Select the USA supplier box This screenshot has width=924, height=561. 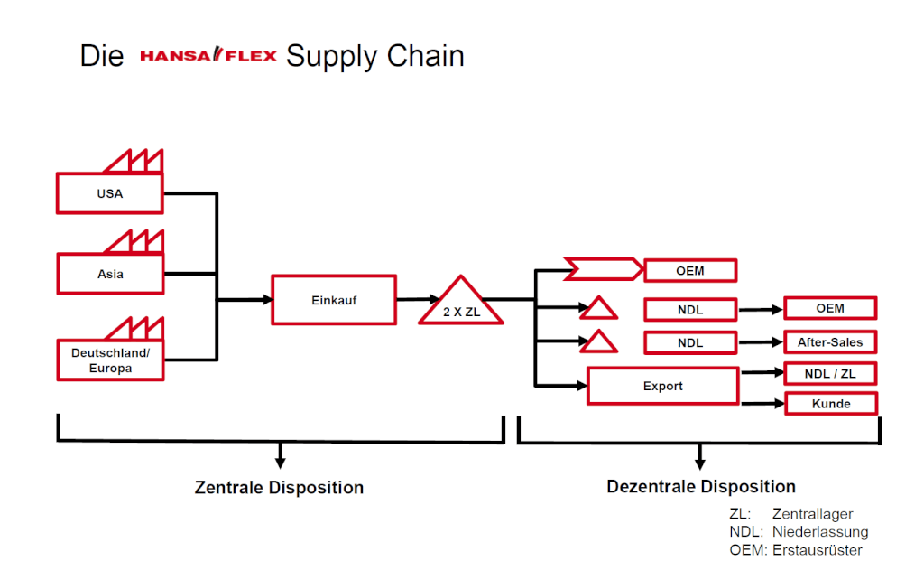(x=109, y=193)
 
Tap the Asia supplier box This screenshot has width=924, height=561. (x=109, y=274)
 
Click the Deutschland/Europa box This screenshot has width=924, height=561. (x=109, y=360)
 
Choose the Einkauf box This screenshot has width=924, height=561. (x=333, y=300)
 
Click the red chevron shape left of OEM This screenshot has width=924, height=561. (x=604, y=269)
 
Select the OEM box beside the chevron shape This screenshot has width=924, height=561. (x=690, y=270)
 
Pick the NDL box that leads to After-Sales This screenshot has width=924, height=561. (x=690, y=343)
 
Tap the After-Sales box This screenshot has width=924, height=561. (x=829, y=342)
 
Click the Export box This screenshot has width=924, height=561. (x=662, y=386)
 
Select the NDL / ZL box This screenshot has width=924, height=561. (x=829, y=373)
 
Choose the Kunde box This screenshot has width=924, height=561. (x=829, y=403)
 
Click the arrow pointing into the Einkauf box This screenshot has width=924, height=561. (x=262, y=300)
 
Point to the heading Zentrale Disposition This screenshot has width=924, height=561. (x=279, y=488)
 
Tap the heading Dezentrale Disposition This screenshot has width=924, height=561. (x=701, y=487)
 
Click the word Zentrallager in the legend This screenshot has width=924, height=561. (x=812, y=514)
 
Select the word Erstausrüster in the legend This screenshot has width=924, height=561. (x=818, y=550)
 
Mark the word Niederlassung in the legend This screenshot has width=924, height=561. (x=819, y=532)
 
